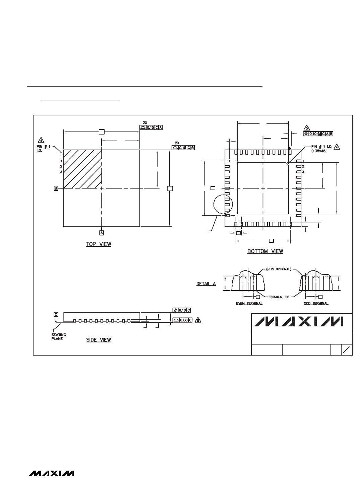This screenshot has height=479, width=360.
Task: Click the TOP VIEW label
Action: click(x=99, y=244)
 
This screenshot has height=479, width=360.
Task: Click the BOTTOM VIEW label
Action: click(x=265, y=251)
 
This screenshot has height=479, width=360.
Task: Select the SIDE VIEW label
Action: click(x=99, y=340)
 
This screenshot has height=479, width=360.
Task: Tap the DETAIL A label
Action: click(x=206, y=284)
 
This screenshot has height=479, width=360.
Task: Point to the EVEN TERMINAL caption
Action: click(x=249, y=303)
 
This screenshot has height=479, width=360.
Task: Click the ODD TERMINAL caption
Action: click(x=316, y=303)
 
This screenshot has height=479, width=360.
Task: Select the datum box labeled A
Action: click(x=102, y=233)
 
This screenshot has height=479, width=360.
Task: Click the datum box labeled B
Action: click(x=56, y=188)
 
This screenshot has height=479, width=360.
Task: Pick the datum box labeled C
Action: click(x=56, y=314)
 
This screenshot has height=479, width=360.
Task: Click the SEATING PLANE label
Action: click(x=58, y=336)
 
